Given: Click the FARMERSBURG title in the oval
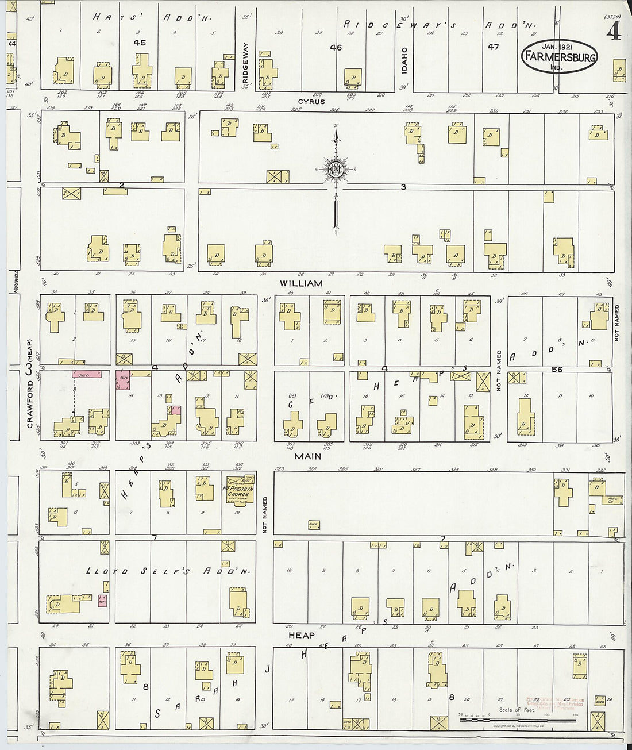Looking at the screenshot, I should pyautogui.click(x=559, y=57).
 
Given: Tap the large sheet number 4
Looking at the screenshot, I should pyautogui.click(x=613, y=32).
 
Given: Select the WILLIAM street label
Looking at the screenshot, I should pyautogui.click(x=301, y=283).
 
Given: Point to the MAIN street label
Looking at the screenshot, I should pyautogui.click(x=308, y=456).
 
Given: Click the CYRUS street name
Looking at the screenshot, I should pyautogui.click(x=311, y=102).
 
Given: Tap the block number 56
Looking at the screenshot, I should pyautogui.click(x=556, y=370).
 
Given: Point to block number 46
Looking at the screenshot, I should pyautogui.click(x=336, y=48).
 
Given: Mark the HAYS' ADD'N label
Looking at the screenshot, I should pyautogui.click(x=152, y=18).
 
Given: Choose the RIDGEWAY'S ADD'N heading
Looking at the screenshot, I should pyautogui.click(x=440, y=25).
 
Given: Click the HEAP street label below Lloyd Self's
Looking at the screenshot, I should pyautogui.click(x=301, y=635).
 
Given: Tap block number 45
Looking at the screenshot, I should pyautogui.click(x=138, y=43).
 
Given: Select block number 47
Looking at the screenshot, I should pyautogui.click(x=493, y=47).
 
